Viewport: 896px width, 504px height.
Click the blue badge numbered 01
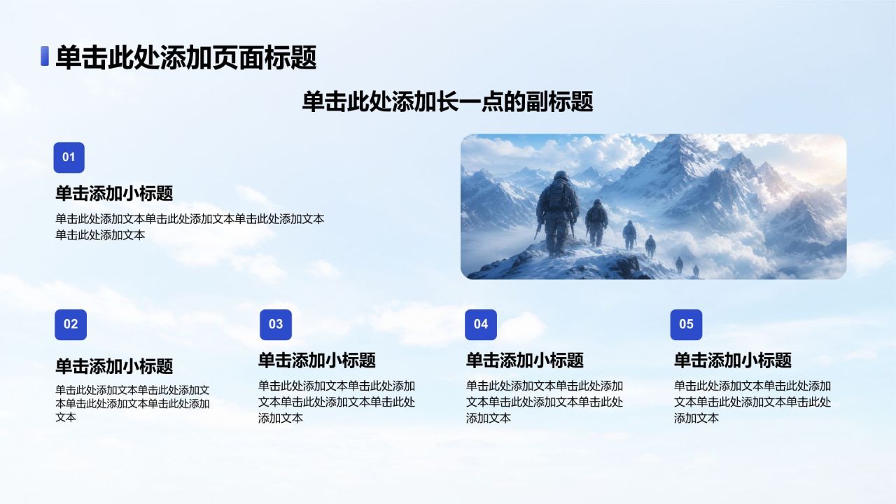(x=69, y=157)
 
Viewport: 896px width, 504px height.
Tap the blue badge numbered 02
(x=71, y=324)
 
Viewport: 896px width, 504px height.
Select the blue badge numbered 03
(x=276, y=324)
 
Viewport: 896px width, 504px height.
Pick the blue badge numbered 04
(x=481, y=324)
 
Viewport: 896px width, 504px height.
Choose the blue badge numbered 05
(x=687, y=324)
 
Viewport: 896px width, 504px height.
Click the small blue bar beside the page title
(x=45, y=56)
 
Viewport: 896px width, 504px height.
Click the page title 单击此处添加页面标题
(x=186, y=57)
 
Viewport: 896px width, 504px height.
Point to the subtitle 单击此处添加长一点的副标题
(x=447, y=101)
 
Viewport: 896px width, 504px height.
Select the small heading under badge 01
(x=114, y=194)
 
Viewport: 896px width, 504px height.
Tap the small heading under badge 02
(x=114, y=366)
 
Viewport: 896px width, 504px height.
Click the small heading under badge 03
(x=317, y=360)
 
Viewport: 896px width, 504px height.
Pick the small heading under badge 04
(x=525, y=360)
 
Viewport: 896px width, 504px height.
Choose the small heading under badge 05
(x=733, y=360)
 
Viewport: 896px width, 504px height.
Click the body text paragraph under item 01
(x=190, y=227)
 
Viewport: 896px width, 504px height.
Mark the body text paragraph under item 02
(x=132, y=403)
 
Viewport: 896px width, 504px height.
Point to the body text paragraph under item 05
(x=752, y=402)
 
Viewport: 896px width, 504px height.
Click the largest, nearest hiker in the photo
(x=558, y=214)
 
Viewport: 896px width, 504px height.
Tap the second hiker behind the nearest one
(x=596, y=223)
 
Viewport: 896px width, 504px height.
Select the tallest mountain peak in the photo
(x=676, y=150)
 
